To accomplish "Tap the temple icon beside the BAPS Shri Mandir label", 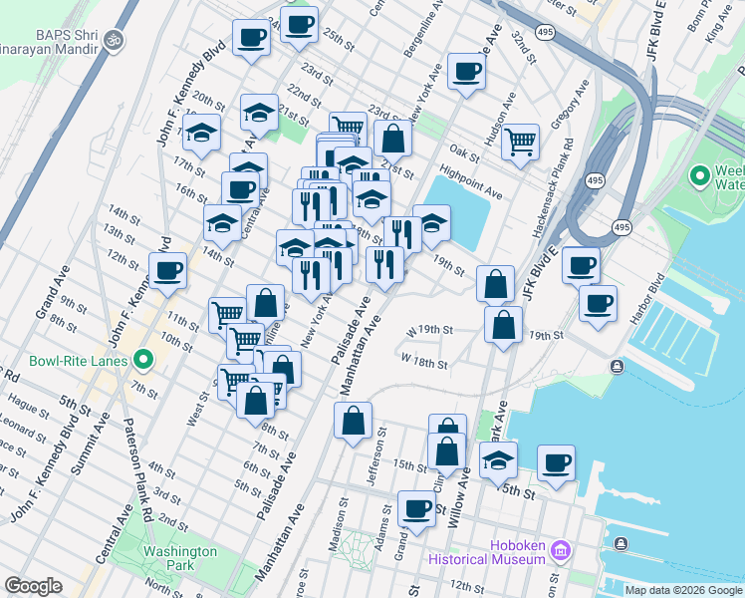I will pyautogui.click(x=116, y=41).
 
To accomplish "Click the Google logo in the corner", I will pyautogui.click(x=33, y=587).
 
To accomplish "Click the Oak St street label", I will pyautogui.click(x=464, y=151).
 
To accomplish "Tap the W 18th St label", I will pyautogui.click(x=425, y=359).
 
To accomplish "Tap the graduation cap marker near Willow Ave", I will pyautogui.click(x=498, y=459).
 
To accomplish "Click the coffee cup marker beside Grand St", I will pyautogui.click(x=416, y=508).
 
